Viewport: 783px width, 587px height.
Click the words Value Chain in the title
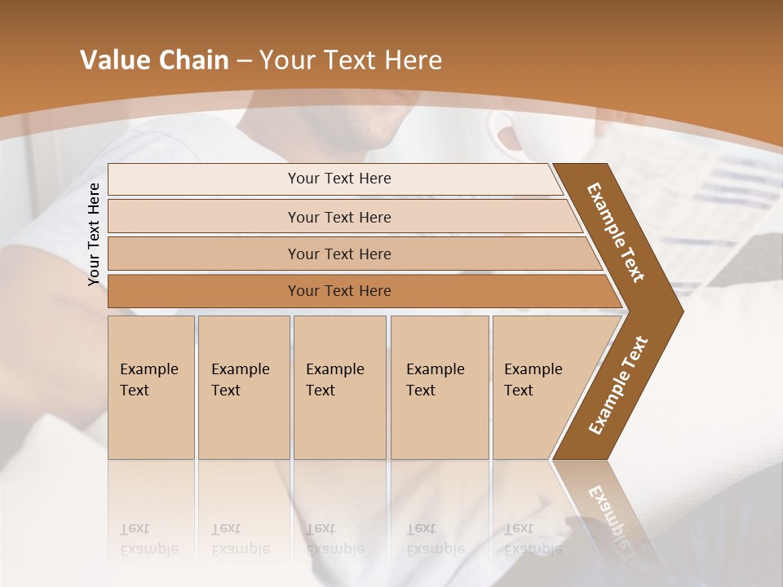coord(154,60)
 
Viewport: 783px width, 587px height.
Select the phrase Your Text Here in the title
coord(351,60)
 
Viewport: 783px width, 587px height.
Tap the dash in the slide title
coord(244,61)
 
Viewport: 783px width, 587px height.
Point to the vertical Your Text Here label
coord(94,234)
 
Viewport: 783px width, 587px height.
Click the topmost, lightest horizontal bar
coord(338,179)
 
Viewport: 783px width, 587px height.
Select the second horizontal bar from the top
coord(338,217)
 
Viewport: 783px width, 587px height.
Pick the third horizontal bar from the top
coord(338,254)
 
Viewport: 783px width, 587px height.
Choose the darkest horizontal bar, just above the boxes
coord(338,291)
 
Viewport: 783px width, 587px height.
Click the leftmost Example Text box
coord(151,387)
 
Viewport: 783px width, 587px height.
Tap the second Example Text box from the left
coord(243,387)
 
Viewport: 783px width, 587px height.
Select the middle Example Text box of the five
coord(339,387)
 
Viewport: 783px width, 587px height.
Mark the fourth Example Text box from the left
coord(440,387)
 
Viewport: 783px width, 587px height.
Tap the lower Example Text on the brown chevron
coord(618,386)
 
